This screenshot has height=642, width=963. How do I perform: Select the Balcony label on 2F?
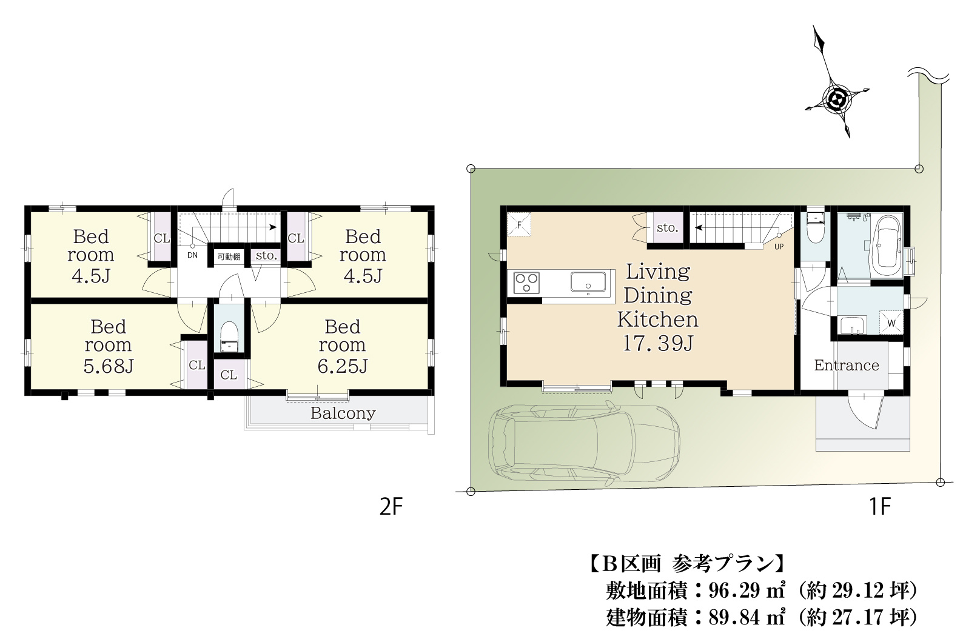[343, 413]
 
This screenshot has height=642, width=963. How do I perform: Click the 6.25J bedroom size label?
[343, 366]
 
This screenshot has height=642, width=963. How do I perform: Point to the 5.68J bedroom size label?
[109, 366]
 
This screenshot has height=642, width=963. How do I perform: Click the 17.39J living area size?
[658, 343]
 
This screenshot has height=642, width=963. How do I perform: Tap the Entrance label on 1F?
[847, 366]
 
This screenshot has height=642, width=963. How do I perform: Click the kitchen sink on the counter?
[588, 282]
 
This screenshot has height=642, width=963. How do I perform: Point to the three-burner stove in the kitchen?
[526, 283]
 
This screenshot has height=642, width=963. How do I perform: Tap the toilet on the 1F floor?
[815, 227]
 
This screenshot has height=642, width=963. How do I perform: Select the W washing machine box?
[891, 323]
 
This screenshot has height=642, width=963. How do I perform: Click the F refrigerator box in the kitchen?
[519, 224]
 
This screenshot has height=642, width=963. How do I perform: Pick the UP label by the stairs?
[779, 247]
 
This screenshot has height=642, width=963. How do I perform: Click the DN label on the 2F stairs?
[192, 255]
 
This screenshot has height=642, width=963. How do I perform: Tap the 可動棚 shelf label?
[229, 257]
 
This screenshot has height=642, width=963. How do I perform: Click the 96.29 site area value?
[735, 591]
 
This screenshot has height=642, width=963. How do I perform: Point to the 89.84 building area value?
[735, 618]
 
